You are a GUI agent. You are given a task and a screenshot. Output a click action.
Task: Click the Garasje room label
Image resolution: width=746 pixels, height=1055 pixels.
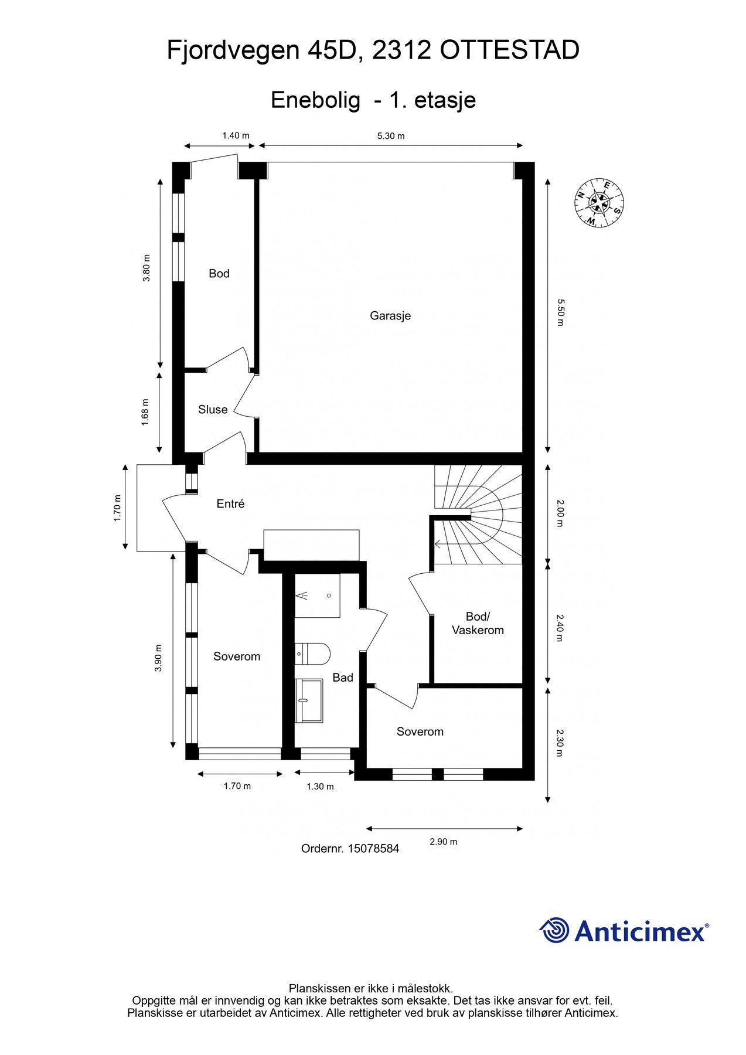tap(390, 316)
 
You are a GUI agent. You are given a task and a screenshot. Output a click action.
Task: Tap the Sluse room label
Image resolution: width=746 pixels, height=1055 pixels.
tap(213, 410)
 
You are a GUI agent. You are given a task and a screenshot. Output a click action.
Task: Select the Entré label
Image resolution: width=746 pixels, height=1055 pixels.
tap(230, 503)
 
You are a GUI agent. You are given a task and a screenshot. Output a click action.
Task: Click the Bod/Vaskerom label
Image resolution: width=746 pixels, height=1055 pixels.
tap(478, 623)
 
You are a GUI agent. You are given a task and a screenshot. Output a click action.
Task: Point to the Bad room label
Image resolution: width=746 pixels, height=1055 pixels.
tap(343, 678)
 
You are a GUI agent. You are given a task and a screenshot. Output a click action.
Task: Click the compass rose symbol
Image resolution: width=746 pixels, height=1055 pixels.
tap(599, 203)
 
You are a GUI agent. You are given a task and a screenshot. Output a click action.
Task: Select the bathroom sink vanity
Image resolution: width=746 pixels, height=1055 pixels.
tap(309, 700)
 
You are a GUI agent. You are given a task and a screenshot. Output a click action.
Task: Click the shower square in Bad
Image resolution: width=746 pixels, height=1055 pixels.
tap(317, 595)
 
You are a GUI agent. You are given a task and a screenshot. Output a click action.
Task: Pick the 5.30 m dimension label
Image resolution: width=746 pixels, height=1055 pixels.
tap(391, 136)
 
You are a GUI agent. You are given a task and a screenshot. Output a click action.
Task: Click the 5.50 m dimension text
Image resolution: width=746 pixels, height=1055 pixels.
tap(560, 312)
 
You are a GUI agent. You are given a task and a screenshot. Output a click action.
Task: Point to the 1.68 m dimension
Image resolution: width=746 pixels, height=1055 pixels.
tap(146, 411)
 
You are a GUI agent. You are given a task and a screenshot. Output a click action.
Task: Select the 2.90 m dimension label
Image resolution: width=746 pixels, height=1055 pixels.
tap(444, 842)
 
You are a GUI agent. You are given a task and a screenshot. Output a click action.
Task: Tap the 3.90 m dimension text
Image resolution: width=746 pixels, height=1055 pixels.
tap(158, 658)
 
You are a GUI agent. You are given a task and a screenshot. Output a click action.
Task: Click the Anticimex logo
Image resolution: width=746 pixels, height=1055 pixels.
tap(624, 931)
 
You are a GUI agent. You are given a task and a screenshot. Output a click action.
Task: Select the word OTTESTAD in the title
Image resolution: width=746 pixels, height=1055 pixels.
tap(509, 51)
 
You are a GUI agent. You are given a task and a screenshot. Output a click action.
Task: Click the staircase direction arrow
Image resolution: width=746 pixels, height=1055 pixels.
tap(438, 543)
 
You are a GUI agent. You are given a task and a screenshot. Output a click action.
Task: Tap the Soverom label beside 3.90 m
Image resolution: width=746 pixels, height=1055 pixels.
tap(237, 656)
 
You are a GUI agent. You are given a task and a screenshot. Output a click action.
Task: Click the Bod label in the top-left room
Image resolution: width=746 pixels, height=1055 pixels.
tap(219, 274)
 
